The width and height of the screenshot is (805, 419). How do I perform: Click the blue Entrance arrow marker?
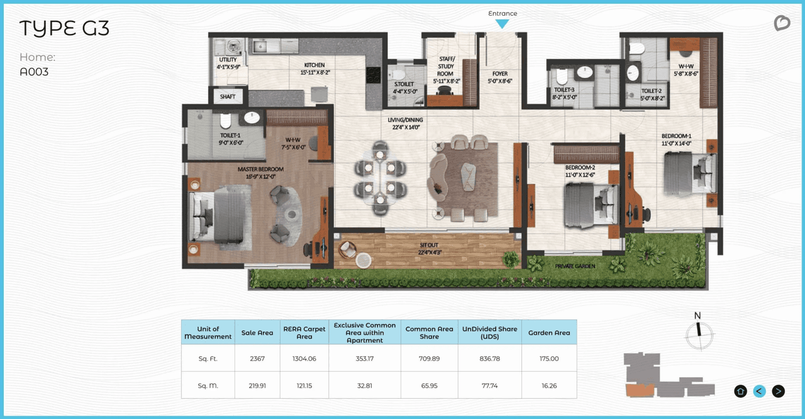click(501, 24)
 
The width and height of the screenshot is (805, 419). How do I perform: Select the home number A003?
click(34, 72)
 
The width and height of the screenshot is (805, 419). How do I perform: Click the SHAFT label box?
click(228, 97)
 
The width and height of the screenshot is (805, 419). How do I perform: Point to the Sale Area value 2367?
click(257, 359)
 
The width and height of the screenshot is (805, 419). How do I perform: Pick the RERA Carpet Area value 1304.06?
click(304, 359)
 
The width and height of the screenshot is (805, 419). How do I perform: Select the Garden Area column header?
click(549, 332)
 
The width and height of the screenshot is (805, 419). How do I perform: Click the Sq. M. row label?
click(208, 386)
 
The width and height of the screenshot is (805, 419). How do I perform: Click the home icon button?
click(740, 391)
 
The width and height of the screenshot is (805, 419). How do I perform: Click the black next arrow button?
click(779, 391)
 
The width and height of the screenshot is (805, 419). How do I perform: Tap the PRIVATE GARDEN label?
click(575, 266)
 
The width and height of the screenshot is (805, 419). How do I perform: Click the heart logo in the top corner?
click(782, 24)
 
